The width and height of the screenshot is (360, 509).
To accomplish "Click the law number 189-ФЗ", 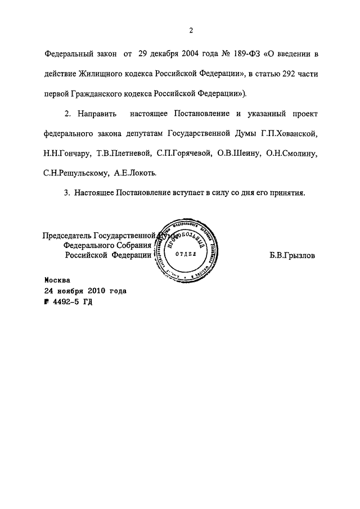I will click(x=244, y=54).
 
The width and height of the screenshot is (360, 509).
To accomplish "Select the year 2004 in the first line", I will click(x=196, y=54).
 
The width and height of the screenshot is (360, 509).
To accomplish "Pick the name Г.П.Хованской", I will click(x=291, y=134).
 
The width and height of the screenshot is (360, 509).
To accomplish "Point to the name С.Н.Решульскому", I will click(x=74, y=173).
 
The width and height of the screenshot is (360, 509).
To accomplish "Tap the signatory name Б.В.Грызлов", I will click(x=292, y=254).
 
